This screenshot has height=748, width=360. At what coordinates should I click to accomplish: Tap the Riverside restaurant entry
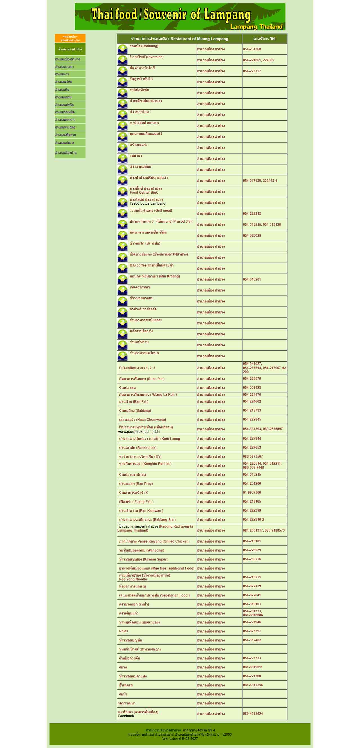tap(147, 57)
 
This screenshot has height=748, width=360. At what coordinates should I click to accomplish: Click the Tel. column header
tap(264, 39)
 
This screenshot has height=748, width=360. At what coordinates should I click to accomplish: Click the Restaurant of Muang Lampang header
tap(179, 39)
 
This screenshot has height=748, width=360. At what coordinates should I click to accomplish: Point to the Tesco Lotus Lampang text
tap(147, 204)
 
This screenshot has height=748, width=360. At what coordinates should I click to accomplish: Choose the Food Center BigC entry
tap(144, 193)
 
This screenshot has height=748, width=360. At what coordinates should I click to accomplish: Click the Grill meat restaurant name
tap(150, 211)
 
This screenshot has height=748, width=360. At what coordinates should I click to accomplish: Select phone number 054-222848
tap(252, 214)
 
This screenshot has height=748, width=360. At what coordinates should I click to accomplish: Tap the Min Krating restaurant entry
tap(155, 276)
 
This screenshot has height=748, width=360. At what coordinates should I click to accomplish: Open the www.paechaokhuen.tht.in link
tap(139, 431)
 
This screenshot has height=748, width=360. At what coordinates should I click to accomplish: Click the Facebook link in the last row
tap(126, 716)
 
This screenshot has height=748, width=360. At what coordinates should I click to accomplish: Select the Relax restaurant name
tap(123, 631)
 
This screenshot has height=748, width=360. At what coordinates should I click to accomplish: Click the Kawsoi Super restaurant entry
tap(143, 559)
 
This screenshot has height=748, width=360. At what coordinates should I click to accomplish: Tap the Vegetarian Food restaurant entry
tap(154, 595)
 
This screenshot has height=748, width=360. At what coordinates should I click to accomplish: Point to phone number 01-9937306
tap(252, 492)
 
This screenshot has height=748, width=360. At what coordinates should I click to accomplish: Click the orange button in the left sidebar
tap(70, 38)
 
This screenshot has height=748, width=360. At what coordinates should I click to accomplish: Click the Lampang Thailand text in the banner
tap(256, 27)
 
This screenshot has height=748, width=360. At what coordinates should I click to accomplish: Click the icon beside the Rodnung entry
tap(122, 49)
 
